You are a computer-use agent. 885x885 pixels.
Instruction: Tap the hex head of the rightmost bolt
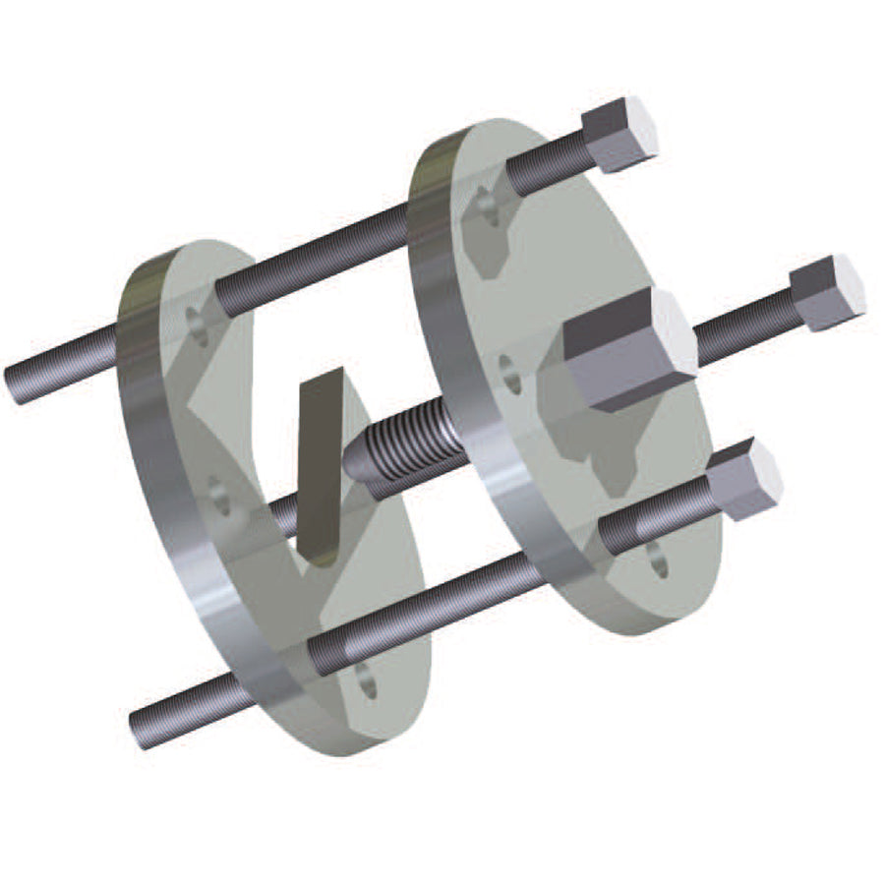tap(828, 292)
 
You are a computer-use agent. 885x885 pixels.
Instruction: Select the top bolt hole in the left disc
tap(198, 324)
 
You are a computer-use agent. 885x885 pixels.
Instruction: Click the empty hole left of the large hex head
tap(509, 375)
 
